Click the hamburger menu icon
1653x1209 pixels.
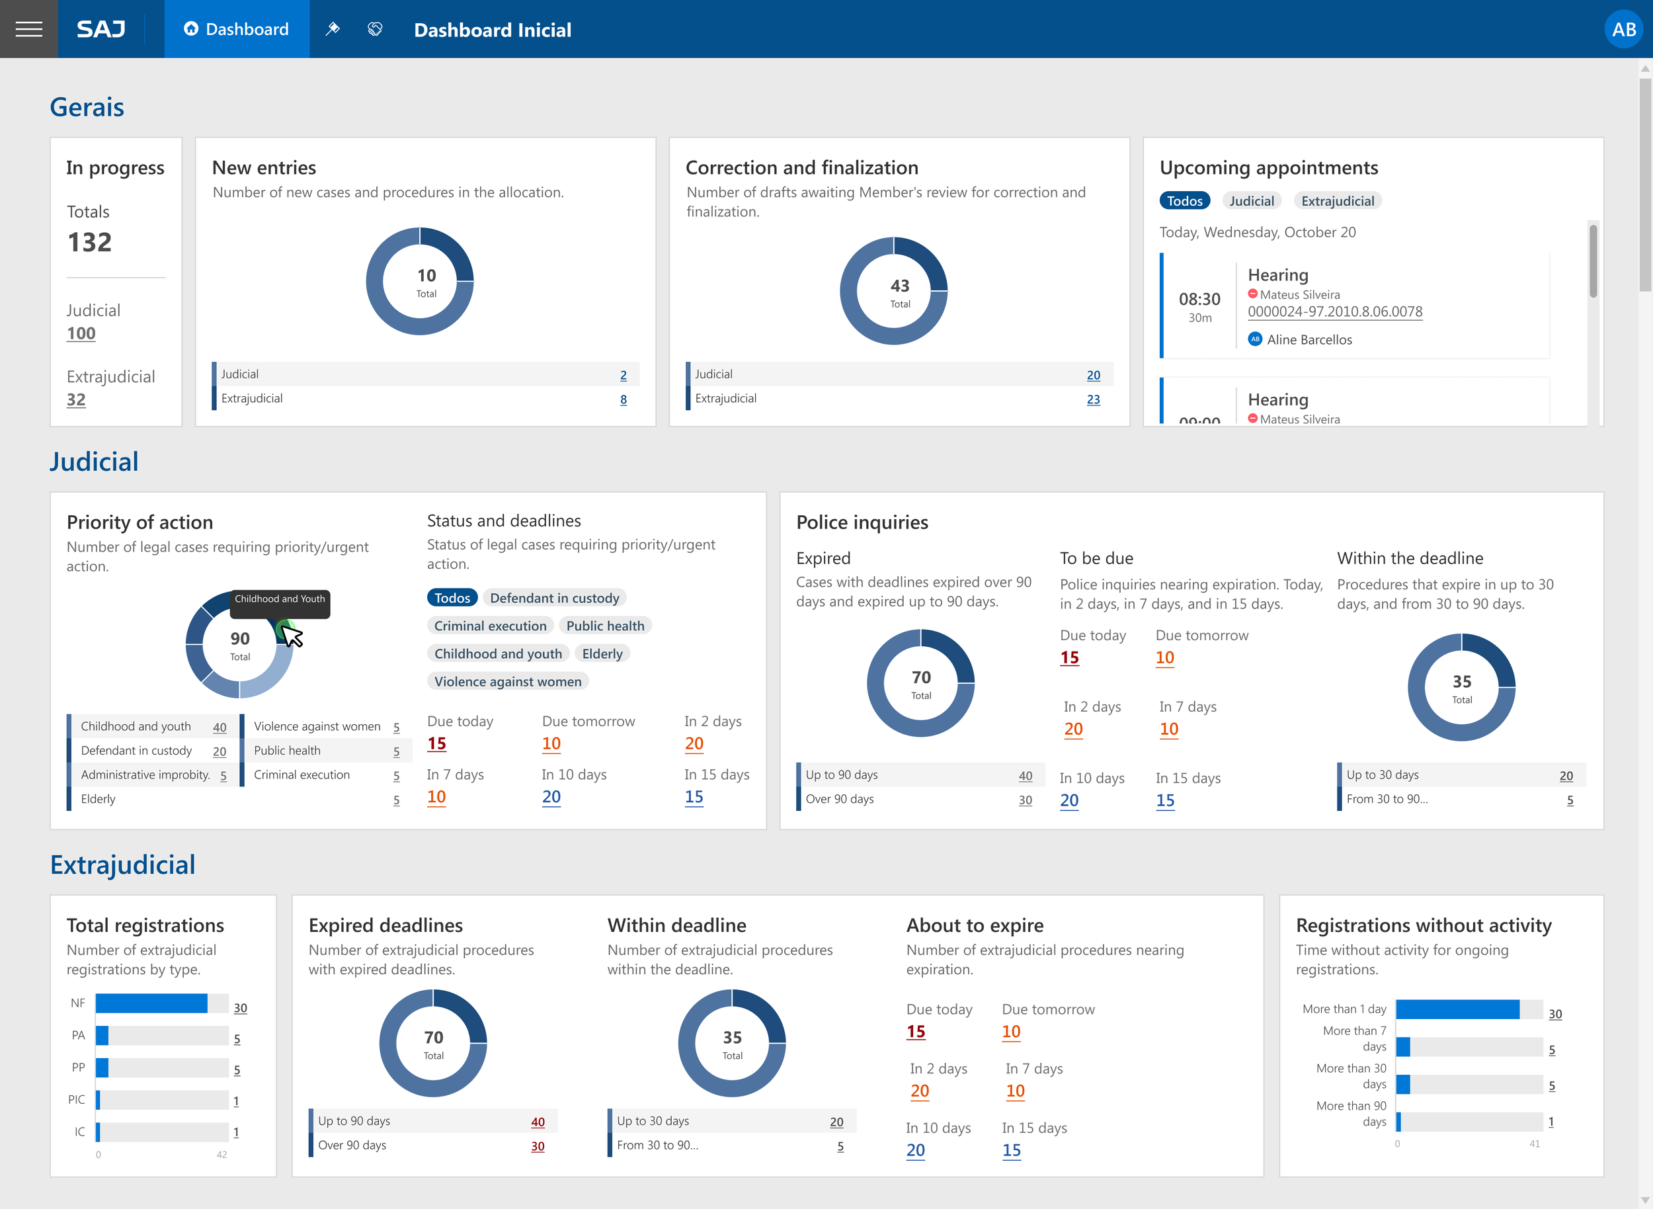[x=28, y=29]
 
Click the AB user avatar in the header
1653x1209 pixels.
[x=1623, y=29]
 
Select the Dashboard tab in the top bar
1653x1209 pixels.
[x=236, y=29]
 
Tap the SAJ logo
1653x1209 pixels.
[x=101, y=29]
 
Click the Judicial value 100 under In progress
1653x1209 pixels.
[x=81, y=334]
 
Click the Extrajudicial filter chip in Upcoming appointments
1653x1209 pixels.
[x=1337, y=201]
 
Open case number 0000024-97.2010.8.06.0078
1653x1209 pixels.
[x=1335, y=312]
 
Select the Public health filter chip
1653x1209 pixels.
[x=605, y=626]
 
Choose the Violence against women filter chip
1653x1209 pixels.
[x=508, y=681]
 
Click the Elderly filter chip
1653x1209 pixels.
[x=602, y=653]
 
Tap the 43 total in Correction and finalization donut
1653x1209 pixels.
[x=899, y=286]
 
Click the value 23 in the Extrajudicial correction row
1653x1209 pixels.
[x=1092, y=399]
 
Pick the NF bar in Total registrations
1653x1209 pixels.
[x=151, y=1003]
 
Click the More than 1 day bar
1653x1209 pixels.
[x=1457, y=1009]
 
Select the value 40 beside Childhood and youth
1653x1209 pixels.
[x=220, y=728]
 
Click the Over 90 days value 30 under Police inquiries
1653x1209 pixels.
[x=1025, y=800]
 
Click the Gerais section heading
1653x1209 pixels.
[x=87, y=108]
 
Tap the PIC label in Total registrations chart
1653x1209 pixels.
[x=76, y=1099]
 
